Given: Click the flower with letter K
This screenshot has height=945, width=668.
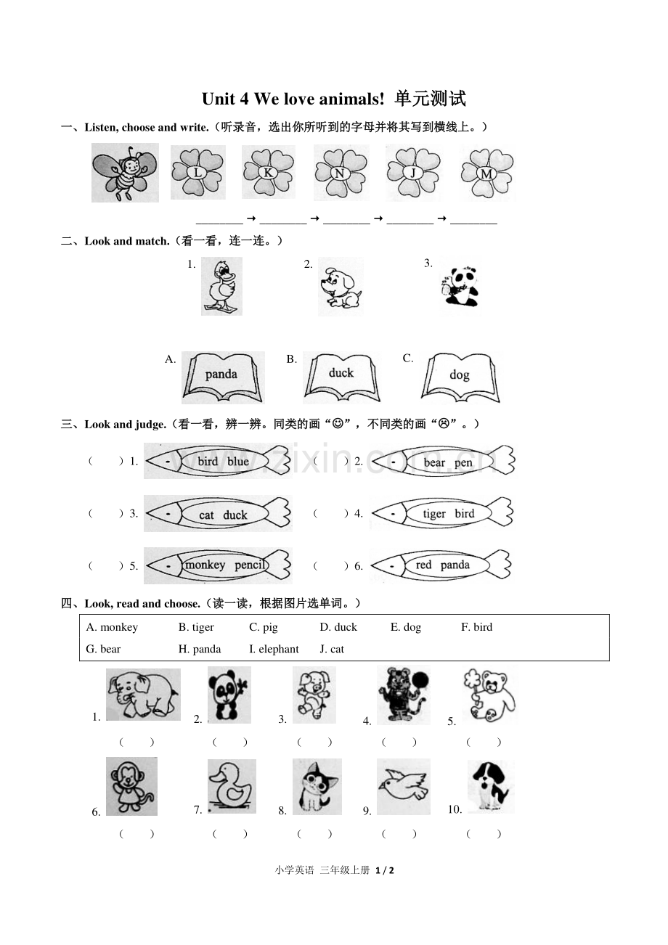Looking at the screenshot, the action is tap(269, 172).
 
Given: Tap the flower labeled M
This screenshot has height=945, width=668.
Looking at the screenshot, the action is tap(487, 173).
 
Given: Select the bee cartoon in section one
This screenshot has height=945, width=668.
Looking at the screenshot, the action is tap(125, 173).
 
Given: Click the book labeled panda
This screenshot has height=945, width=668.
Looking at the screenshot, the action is tap(223, 377).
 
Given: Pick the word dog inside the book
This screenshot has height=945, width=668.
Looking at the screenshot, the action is tap(459, 375).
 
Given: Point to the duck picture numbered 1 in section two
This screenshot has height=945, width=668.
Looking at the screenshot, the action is tap(221, 287).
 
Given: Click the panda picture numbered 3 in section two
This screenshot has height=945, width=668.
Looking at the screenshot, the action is tap(460, 286).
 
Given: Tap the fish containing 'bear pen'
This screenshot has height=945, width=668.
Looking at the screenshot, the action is tap(443, 462).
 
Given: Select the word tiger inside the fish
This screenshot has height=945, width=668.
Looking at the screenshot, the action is tap(434, 514).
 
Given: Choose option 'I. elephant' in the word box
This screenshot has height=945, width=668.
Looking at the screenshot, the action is tap(274, 649).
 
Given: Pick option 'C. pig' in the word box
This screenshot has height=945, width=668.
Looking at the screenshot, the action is tap(264, 627).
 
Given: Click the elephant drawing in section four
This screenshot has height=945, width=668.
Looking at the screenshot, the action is tap(143, 695).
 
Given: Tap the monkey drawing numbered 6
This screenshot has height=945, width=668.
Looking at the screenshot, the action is tap(131, 786).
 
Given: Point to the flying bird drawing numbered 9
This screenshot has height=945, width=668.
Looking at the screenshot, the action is tap(404, 786).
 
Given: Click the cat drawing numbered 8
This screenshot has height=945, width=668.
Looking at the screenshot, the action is tap(317, 787).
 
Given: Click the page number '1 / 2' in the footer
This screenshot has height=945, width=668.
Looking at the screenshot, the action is tap(384, 870).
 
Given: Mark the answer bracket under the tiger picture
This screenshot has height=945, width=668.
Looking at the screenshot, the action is tap(399, 742).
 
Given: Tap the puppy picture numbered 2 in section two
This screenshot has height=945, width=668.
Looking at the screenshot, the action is tap(341, 287).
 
